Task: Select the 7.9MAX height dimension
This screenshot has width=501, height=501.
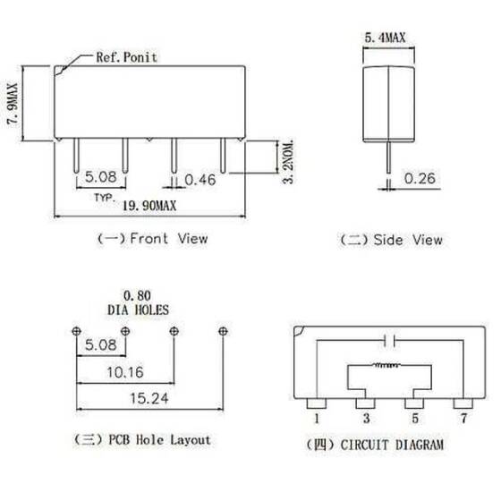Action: pos(13,100)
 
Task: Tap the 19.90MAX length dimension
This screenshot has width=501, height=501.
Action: pos(147,207)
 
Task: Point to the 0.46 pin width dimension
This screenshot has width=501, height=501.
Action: pos(200,180)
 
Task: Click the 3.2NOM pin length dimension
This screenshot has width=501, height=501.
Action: pos(287,161)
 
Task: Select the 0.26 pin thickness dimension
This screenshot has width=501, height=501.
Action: pos(420,179)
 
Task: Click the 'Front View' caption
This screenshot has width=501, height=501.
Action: pos(152,239)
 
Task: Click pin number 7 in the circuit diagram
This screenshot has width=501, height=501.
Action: pos(464,416)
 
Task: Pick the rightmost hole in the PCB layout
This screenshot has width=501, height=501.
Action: pos(222,329)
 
